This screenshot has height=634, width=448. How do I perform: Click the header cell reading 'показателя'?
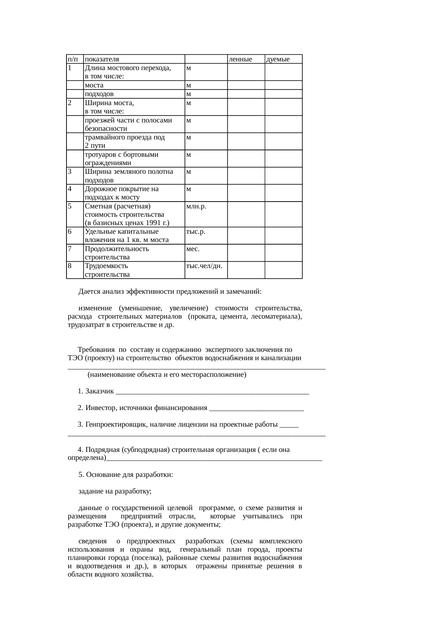pos(102,59)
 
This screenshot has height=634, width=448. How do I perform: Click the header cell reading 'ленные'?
pos(241,59)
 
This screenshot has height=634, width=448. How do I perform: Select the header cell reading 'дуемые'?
pos(278,59)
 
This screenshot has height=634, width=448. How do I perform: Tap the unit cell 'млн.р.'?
pos(196,206)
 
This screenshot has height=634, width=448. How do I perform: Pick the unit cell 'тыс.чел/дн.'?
pos(204,266)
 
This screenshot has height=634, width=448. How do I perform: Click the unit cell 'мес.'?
pos(193,249)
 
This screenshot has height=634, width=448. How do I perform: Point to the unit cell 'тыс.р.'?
pos(195,232)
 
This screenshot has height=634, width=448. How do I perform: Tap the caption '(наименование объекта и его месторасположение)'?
pos(167,375)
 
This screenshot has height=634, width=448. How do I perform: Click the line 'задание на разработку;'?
pos(115,491)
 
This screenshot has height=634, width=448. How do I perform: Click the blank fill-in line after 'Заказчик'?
pos(213,392)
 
